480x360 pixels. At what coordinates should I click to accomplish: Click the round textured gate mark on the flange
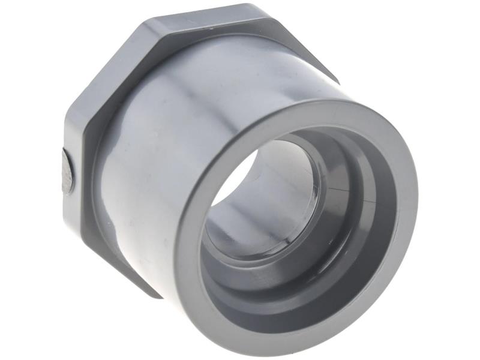click(68, 170)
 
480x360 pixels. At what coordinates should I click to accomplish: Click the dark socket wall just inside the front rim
click(360, 240)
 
